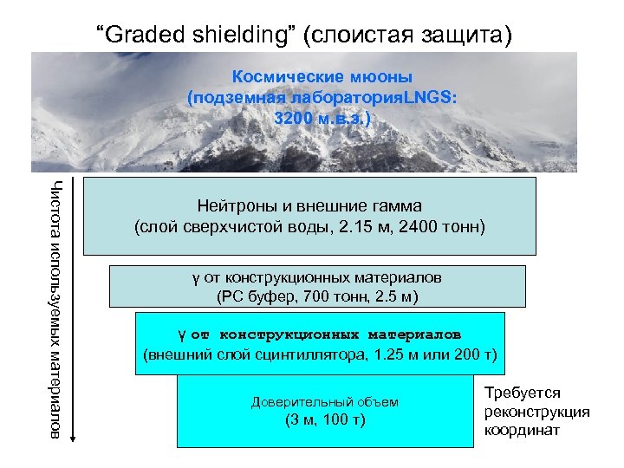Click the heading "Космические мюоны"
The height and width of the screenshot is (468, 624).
322,75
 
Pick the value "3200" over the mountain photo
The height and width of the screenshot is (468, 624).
294,117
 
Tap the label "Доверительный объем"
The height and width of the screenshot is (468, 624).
324,402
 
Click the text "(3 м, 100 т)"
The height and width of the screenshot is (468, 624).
325,420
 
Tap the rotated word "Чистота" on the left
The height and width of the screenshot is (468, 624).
55,201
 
